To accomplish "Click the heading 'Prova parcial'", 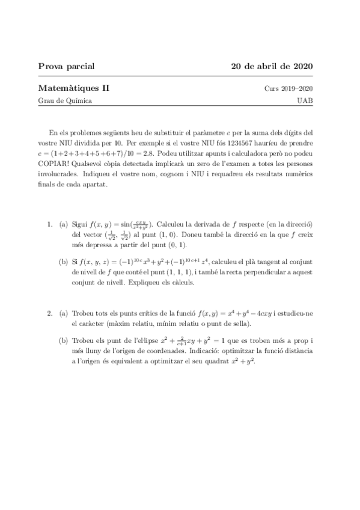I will pos(66,66).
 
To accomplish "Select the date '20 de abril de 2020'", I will pos(272,66).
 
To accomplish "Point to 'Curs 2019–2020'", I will pos(288,89).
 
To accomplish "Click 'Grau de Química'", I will pos(65,100).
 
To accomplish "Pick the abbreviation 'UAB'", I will pos(304,100).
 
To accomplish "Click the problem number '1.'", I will pos(50,224).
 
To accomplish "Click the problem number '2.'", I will pos(50,314).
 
